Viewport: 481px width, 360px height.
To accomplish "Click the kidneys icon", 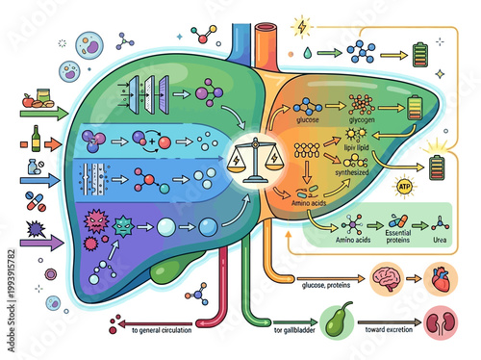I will tap(443, 323).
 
